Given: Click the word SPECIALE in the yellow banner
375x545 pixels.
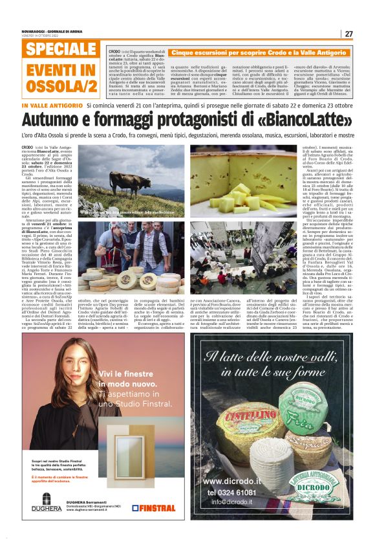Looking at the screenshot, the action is coord(61,50).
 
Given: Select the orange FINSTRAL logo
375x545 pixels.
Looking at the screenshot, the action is coord(153,508).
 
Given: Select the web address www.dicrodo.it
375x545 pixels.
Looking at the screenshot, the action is coord(231,482).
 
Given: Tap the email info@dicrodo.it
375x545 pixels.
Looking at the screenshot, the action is coord(234,502).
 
